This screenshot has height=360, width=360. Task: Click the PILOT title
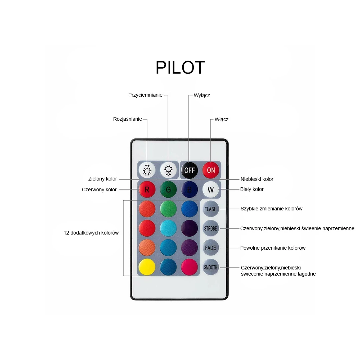click(180, 67)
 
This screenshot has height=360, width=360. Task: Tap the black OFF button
click(189, 170)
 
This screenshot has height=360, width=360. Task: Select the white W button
click(211, 189)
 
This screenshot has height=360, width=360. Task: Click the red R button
click(147, 189)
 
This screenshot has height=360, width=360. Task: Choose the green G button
click(168, 189)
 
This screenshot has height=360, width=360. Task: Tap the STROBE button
click(211, 228)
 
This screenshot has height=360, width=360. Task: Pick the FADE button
click(211, 248)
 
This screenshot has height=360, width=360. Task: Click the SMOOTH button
click(211, 267)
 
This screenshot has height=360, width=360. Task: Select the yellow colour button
click(147, 267)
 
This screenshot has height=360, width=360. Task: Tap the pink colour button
click(189, 267)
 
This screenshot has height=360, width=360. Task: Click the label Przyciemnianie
click(145, 95)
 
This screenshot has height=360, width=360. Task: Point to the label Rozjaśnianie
click(127, 119)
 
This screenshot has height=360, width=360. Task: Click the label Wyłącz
click(202, 95)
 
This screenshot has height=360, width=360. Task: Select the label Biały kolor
click(252, 189)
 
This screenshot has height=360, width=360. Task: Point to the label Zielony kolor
click(103, 179)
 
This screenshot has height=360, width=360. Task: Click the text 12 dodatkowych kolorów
click(91, 233)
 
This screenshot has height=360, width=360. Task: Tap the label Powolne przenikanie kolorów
click(273, 248)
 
